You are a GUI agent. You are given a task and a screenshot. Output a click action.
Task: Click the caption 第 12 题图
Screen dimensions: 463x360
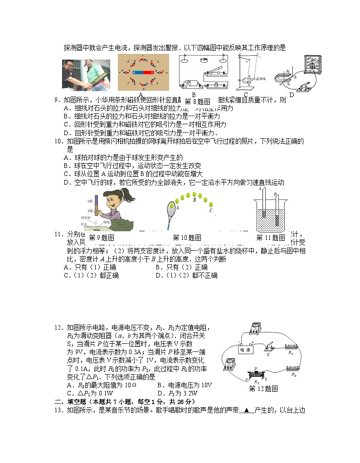(263, 389)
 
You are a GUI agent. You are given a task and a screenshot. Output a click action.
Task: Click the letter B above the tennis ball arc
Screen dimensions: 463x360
(194, 194)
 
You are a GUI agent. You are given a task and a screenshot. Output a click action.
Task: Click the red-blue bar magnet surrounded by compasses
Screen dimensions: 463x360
(143, 72)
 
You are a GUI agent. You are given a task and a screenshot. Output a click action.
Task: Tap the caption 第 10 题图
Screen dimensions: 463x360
(187, 238)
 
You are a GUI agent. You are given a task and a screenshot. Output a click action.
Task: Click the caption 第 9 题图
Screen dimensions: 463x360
(101, 238)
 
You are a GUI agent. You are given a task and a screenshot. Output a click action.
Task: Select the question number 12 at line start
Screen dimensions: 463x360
(58, 328)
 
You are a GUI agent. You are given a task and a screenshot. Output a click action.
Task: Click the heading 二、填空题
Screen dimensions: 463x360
(73, 402)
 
